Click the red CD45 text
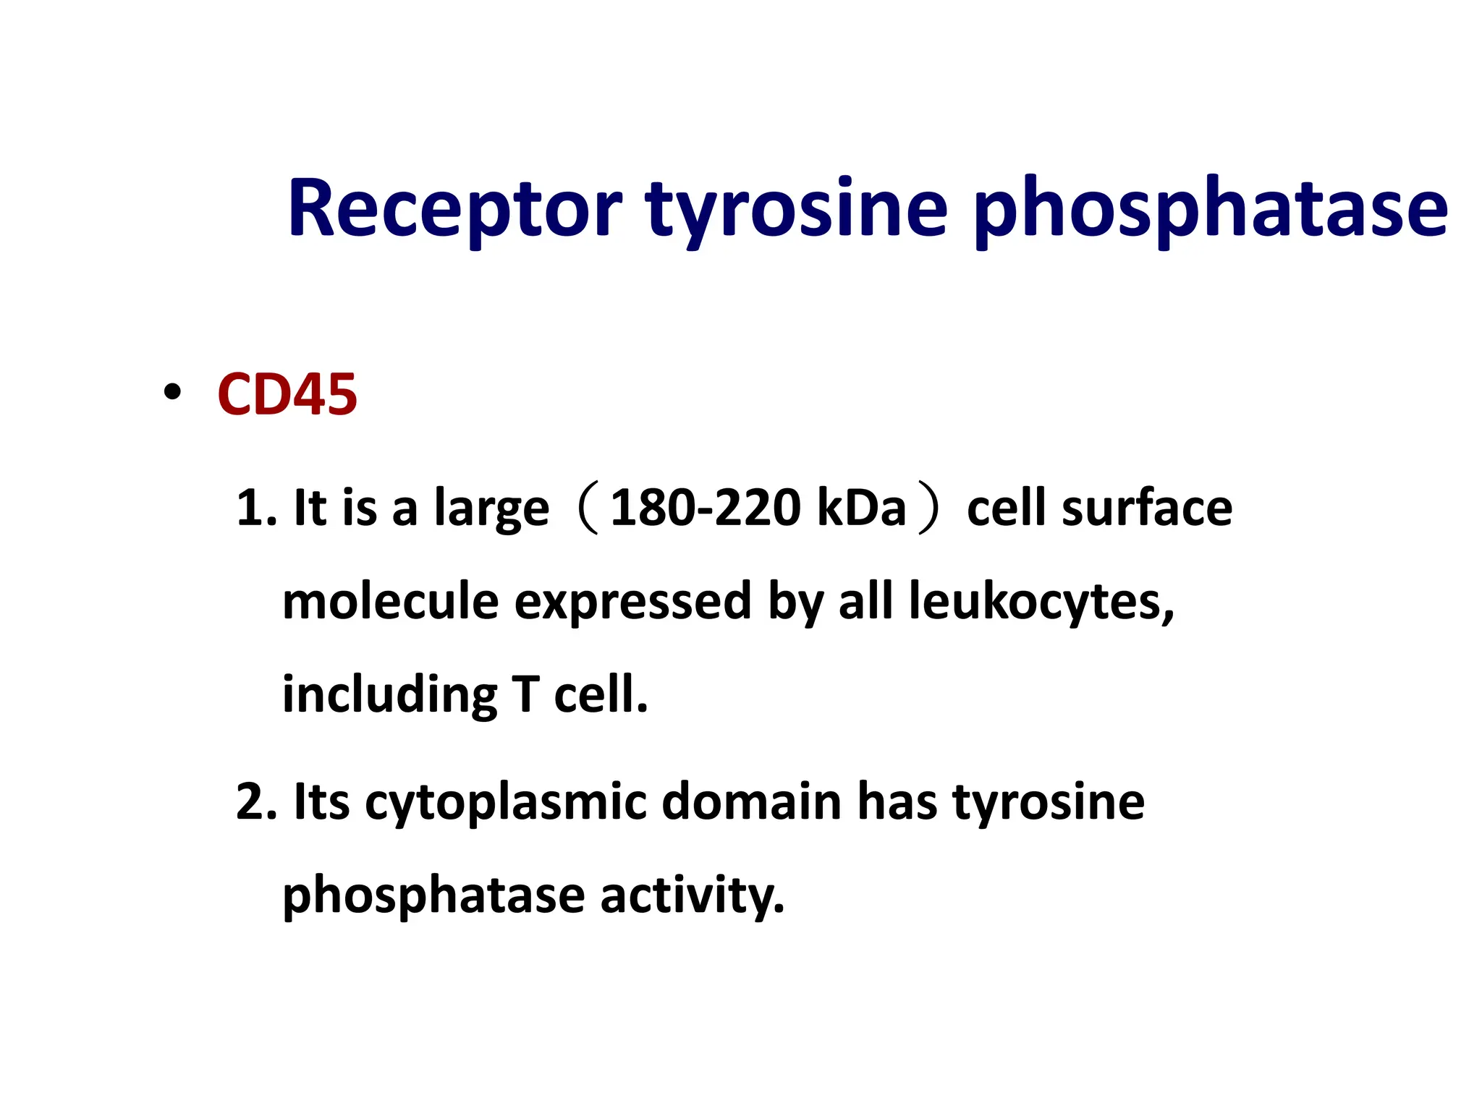[x=287, y=395]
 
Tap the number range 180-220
[x=706, y=508]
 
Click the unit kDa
[x=861, y=508]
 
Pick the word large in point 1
[x=491, y=509]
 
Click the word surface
[x=1147, y=508]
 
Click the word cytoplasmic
[x=505, y=803]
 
